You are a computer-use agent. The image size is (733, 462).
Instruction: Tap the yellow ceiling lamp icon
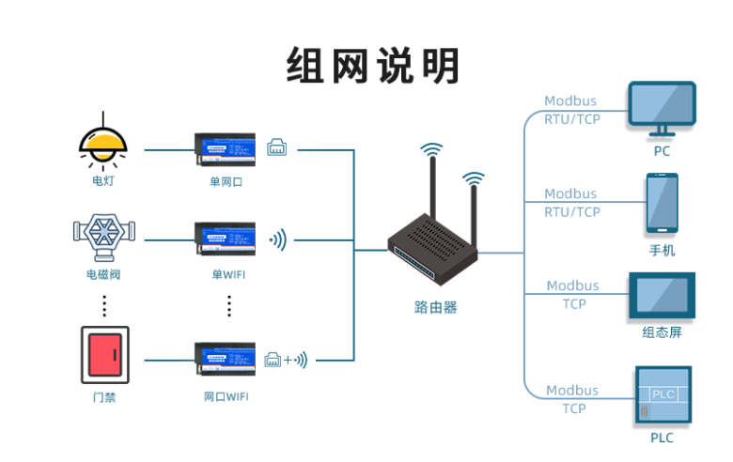(x=103, y=142)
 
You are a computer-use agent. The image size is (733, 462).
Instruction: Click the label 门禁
(x=104, y=396)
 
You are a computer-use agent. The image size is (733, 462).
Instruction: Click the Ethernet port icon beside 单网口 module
(x=277, y=147)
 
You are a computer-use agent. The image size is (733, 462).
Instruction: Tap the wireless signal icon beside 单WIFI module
(x=278, y=240)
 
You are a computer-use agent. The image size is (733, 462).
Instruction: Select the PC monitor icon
(x=662, y=110)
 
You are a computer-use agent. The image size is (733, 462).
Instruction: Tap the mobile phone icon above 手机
(x=662, y=204)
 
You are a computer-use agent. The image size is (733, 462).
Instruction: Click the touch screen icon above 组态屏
(x=662, y=296)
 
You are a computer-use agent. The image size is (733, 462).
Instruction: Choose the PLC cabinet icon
(x=662, y=393)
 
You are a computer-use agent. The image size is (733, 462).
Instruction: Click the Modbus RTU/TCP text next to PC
(x=571, y=110)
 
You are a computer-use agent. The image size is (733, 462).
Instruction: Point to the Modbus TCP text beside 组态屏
(x=572, y=295)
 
